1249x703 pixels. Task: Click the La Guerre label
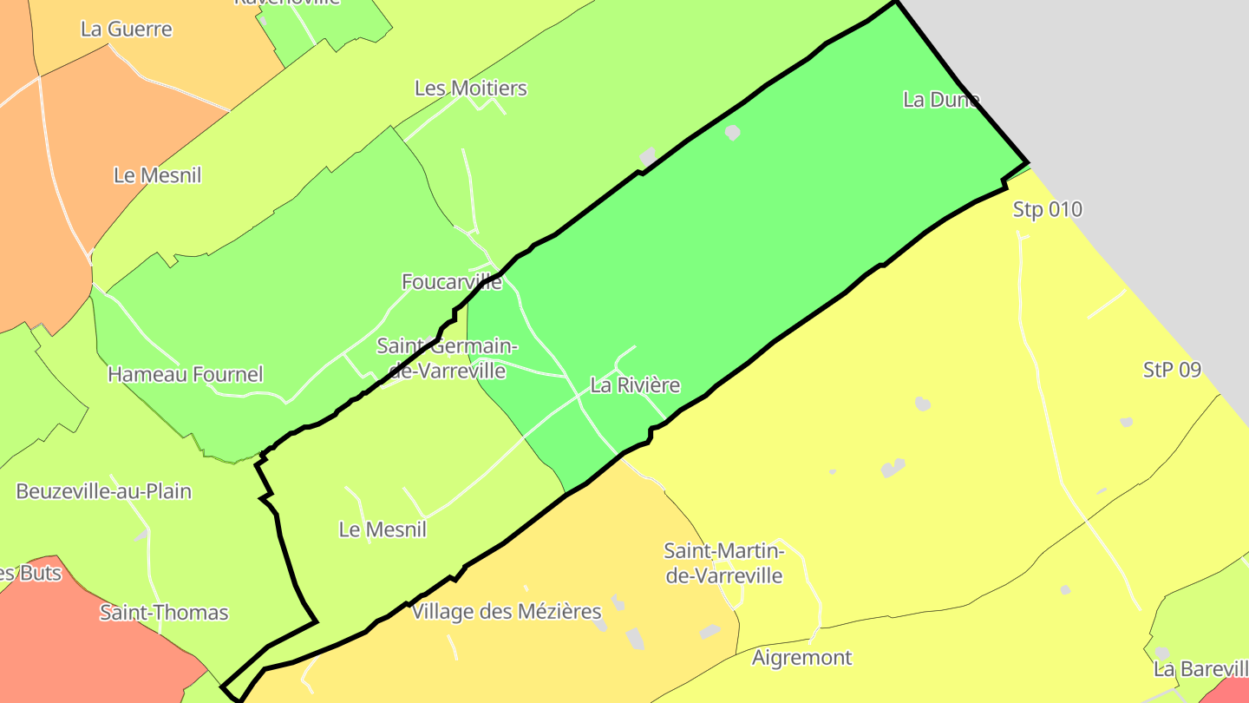tap(127, 29)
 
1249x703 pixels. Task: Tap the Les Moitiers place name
tap(470, 88)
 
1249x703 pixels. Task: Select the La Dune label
tap(941, 99)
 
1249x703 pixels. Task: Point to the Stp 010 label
tap(1048, 209)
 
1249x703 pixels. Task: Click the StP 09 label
tap(1172, 370)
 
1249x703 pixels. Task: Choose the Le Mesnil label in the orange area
tap(158, 174)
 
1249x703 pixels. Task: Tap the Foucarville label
tap(451, 281)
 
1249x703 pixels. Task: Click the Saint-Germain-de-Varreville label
tap(447, 358)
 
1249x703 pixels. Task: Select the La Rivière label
tap(635, 384)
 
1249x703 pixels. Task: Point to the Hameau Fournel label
tap(185, 374)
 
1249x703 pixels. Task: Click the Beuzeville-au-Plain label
tap(104, 490)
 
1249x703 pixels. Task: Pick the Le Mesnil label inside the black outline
tap(383, 529)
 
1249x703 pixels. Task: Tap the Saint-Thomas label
tap(164, 612)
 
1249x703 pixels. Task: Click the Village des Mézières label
tap(507, 611)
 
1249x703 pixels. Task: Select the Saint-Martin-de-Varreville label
tap(723, 562)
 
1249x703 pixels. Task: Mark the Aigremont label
tap(801, 657)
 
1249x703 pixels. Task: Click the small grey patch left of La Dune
tap(733, 132)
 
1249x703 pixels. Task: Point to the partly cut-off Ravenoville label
tap(287, 3)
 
